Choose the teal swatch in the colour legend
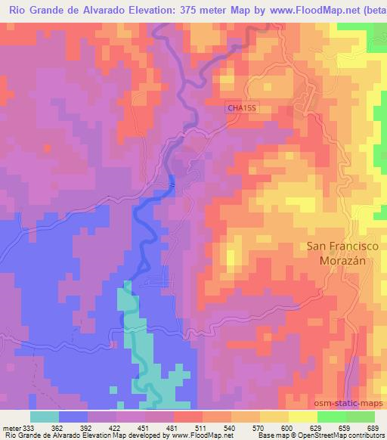coord(45,417)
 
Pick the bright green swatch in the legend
coord(332,417)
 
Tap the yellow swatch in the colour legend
coord(303,417)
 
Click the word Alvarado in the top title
coord(106,10)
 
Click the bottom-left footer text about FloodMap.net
coord(106,435)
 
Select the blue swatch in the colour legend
coord(73,417)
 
